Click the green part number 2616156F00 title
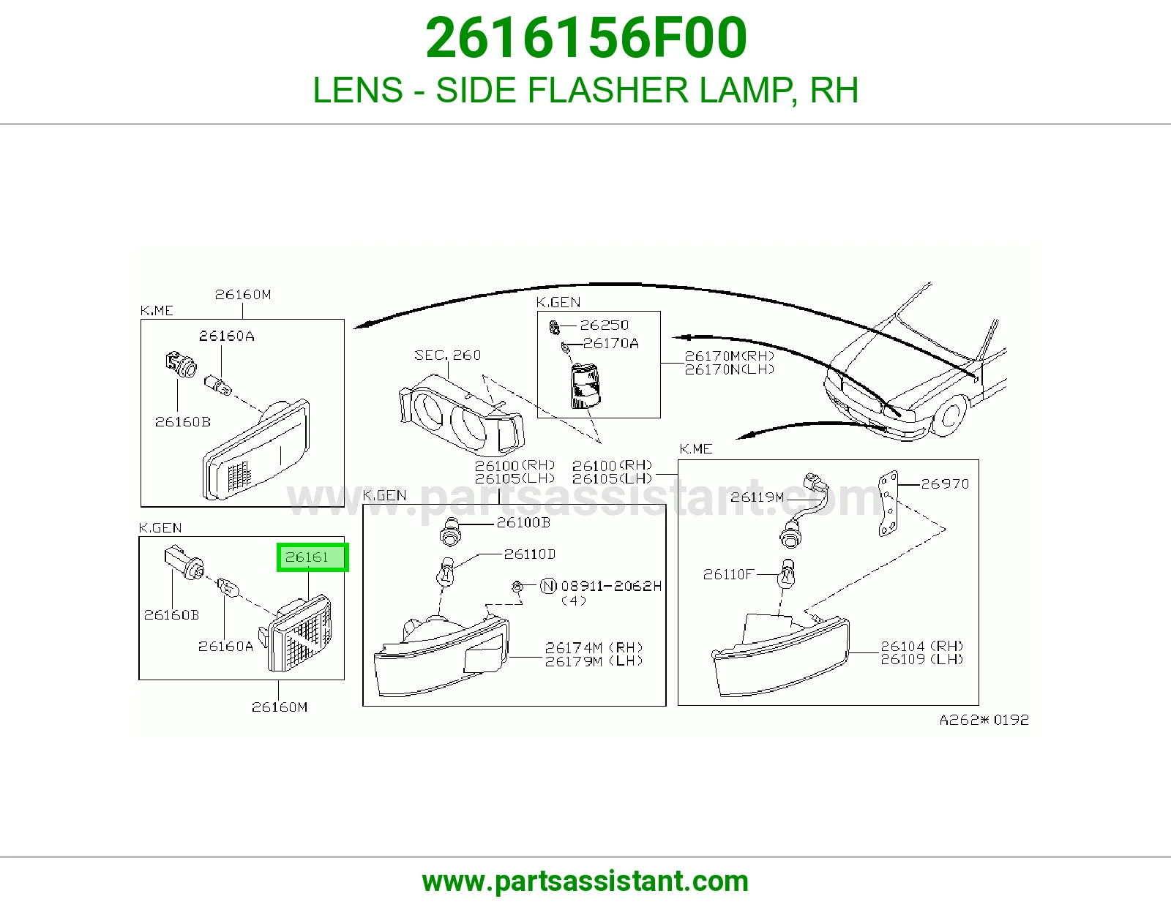[585, 38]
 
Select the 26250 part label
[604, 325]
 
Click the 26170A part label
[610, 343]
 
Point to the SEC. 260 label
[447, 355]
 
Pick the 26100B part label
[523, 522]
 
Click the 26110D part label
[529, 554]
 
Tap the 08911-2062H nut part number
[611, 586]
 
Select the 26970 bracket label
[945, 483]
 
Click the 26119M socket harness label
[757, 497]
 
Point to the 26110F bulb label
[727, 574]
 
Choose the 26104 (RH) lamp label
[921, 645]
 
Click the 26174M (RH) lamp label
[594, 647]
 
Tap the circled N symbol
[548, 585]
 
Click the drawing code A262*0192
[984, 720]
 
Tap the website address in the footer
[585, 881]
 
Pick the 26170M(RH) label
[729, 356]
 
